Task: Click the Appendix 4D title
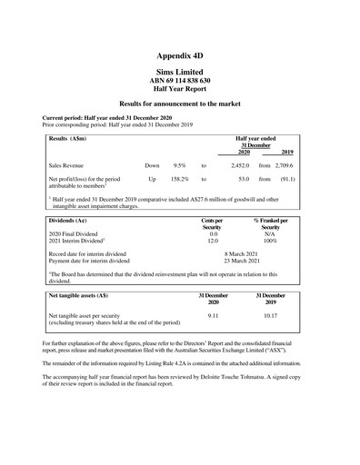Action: click(180, 55)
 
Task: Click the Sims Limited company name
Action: click(180, 72)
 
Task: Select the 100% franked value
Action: click(270, 241)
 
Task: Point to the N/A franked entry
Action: click(270, 233)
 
